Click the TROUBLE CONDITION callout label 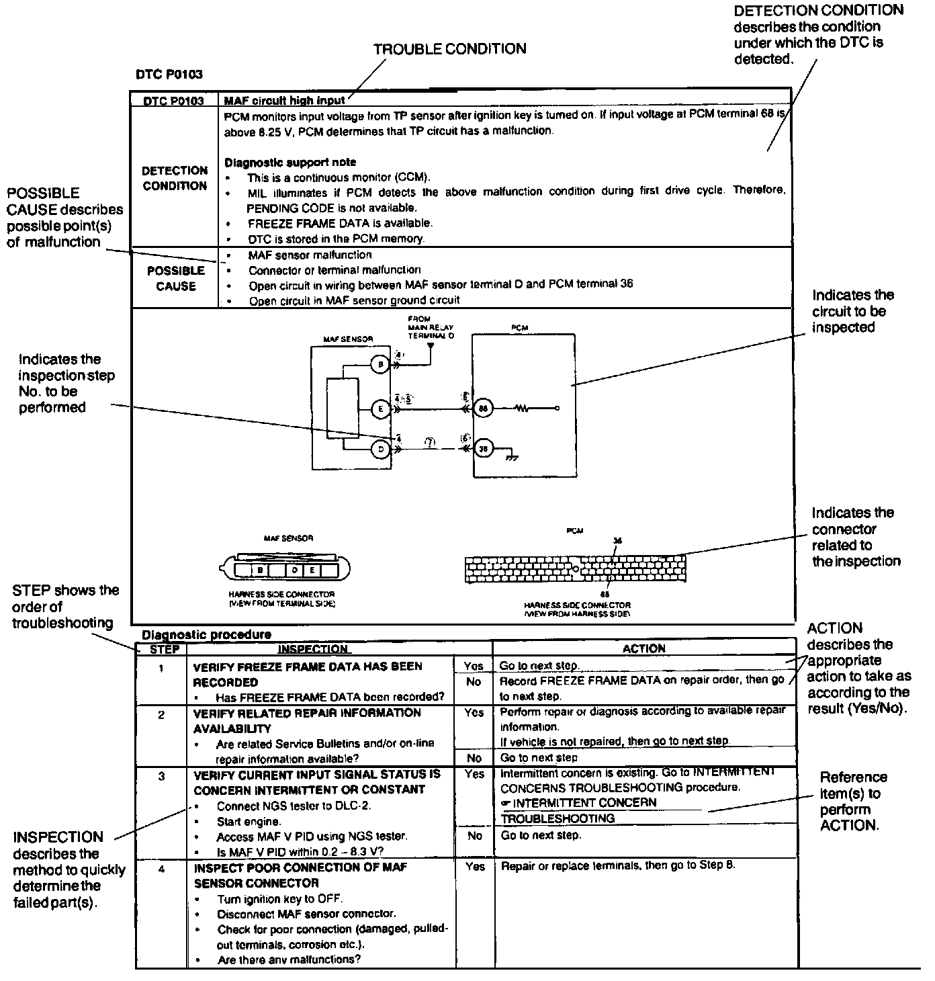point(449,49)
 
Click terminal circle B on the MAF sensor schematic point(380,365)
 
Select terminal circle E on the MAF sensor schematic point(380,408)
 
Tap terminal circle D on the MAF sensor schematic point(380,449)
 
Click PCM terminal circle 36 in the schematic point(483,449)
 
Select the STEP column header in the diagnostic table point(163,649)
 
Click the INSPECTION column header point(313,649)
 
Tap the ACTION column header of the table point(643,648)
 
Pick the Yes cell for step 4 point(474,867)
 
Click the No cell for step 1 point(474,682)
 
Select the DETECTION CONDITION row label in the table point(175,178)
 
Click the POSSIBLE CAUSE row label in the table point(176,278)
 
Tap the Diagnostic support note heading point(290,162)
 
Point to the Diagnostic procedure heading point(207,634)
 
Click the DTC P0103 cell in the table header point(174,101)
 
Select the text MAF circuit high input point(284,101)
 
